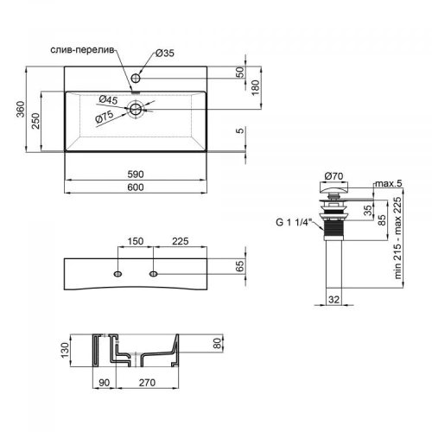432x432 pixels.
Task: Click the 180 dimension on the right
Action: pyautogui.click(x=254, y=85)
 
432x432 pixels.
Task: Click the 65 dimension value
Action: pyautogui.click(x=239, y=268)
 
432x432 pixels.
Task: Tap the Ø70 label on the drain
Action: pyautogui.click(x=334, y=176)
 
